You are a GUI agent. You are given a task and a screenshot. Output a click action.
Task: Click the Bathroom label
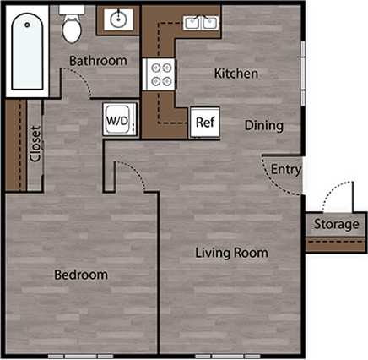point(98,61)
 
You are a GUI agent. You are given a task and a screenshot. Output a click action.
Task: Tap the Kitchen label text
point(235,74)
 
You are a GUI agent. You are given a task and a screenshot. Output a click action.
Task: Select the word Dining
point(263,125)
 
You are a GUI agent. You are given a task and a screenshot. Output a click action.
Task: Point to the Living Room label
point(231,252)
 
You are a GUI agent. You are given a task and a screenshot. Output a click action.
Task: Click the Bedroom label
point(81,275)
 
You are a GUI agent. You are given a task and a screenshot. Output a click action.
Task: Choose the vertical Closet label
point(35,145)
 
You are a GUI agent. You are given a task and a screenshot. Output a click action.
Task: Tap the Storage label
point(336,224)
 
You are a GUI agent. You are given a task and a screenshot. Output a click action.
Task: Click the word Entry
point(285,169)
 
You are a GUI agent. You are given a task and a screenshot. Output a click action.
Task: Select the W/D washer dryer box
point(117,120)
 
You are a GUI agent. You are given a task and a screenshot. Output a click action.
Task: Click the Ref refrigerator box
point(203,122)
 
